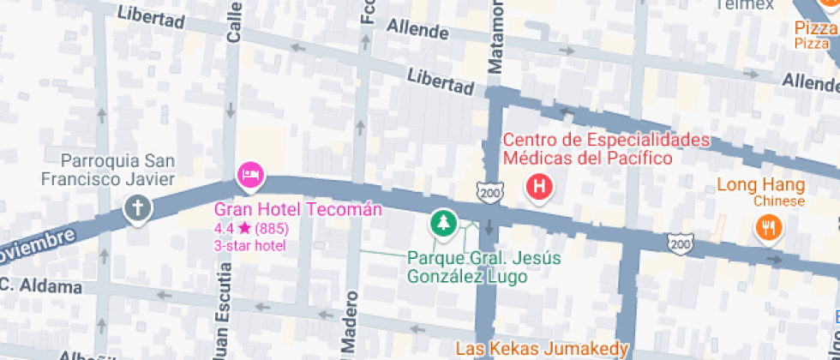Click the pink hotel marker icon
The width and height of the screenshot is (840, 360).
coord(251,176)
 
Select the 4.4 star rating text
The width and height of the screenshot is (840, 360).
coord(251,229)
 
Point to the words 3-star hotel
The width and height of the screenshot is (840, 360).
coord(249,245)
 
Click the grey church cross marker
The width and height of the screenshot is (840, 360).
coord(137,207)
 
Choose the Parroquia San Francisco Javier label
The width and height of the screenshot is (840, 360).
coord(108,170)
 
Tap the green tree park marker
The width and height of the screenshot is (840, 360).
coord(442,224)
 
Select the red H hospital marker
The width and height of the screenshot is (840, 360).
coord(539,186)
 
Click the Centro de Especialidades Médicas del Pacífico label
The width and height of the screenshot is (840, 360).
coord(606,148)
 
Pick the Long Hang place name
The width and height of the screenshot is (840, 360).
coord(760,185)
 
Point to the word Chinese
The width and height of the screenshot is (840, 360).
coord(778,201)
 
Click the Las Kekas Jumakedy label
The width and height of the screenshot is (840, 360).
coord(542,349)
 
